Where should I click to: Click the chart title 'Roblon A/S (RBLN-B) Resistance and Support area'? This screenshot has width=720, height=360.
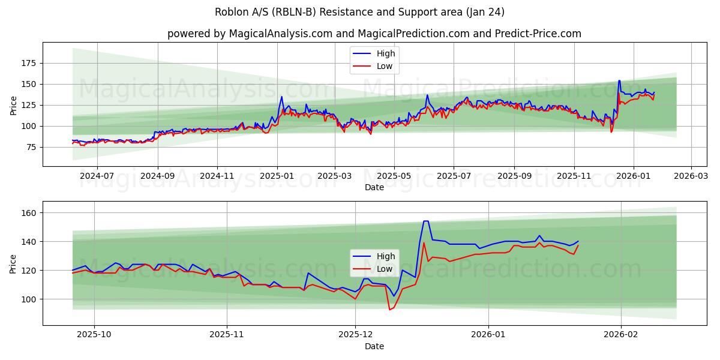click(359, 12)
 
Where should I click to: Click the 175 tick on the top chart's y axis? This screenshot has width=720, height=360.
click(28, 63)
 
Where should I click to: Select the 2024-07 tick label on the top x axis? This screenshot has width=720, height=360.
click(97, 176)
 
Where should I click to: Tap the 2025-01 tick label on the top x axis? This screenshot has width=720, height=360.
click(277, 176)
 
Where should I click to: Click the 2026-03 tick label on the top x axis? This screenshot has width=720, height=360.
click(691, 176)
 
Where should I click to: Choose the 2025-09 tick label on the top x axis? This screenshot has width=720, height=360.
click(514, 176)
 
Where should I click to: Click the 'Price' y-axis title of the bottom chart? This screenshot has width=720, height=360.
click(13, 263)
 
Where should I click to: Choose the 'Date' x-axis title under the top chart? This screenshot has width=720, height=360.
click(374, 187)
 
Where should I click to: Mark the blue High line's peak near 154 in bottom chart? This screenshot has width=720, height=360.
click(425, 221)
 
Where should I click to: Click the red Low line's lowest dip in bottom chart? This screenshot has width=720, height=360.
click(389, 310)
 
